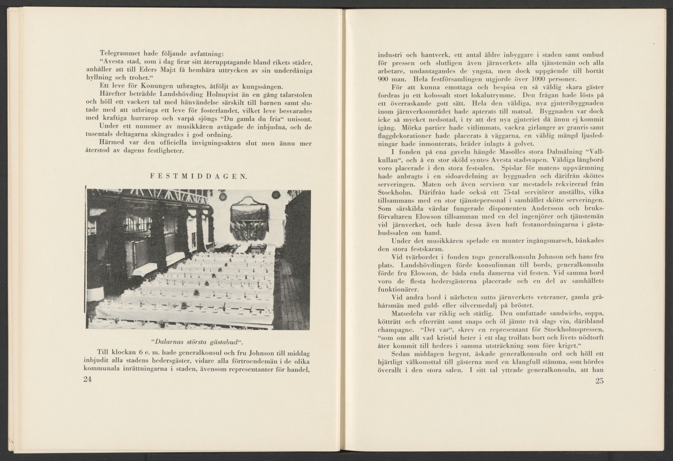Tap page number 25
coord(597,381)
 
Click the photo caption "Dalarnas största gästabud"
coord(198,340)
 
